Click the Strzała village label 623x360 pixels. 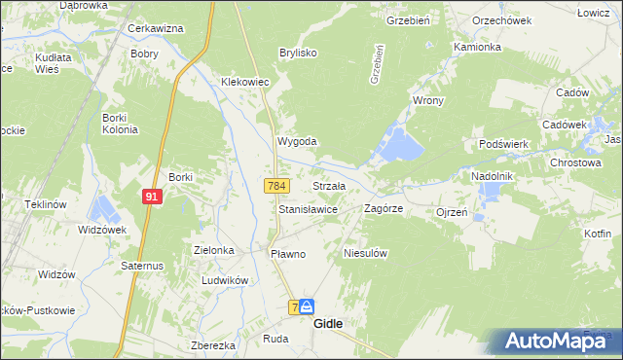pos(328,186)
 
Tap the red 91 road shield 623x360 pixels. pos(151,196)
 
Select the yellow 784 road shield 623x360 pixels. pos(275,185)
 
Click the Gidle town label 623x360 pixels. pos(328,325)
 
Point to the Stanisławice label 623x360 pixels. pos(308,209)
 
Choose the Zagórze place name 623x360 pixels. pos(384,209)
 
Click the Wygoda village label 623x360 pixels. pos(298,141)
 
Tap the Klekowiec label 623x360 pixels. pos(244,83)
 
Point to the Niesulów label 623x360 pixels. pos(366,253)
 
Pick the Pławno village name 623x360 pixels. pos(287,254)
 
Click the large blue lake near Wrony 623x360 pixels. pos(400,145)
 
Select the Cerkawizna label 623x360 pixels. pos(156,28)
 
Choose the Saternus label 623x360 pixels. pos(140,265)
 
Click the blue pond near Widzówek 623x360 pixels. pos(102,209)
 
